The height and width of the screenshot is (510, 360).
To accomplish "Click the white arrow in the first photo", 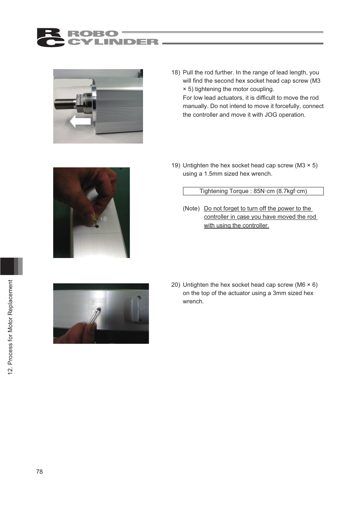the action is tap(80, 121).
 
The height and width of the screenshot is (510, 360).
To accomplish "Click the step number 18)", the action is tap(175, 73).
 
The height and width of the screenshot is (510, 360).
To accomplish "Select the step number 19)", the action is tap(175, 165).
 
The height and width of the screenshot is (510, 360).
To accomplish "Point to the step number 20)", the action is tap(175, 285).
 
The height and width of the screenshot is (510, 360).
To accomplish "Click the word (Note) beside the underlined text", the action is tap(191, 209).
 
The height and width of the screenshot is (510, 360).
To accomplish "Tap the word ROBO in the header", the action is tap(93, 34).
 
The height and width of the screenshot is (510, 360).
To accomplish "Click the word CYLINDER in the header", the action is tap(113, 42).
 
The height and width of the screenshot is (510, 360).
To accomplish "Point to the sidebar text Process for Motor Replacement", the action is tap(10, 323).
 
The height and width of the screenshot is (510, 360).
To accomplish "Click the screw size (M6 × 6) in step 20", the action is tap(306, 285).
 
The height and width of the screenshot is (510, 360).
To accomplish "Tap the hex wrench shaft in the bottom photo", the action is tap(94, 316).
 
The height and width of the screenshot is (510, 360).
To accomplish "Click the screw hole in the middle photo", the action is tap(97, 226).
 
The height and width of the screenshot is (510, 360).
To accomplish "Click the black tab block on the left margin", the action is tap(7, 266).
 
